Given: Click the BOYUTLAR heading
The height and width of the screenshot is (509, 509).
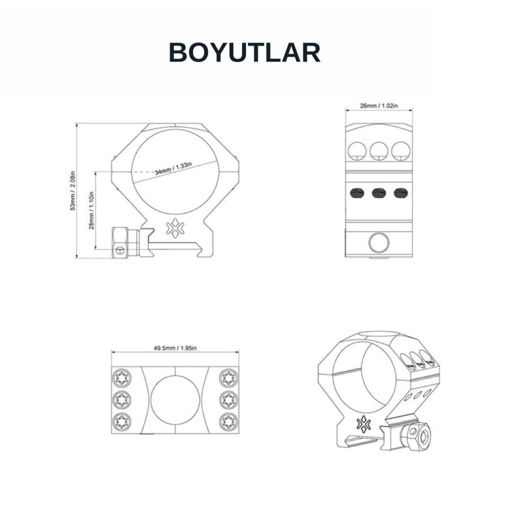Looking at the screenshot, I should click(244, 53).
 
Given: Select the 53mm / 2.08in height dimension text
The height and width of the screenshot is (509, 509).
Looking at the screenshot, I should click(74, 191).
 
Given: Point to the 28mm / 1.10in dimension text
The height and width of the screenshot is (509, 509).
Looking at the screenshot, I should click(92, 210).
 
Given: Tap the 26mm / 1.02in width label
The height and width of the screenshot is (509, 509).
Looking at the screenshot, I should click(379, 106).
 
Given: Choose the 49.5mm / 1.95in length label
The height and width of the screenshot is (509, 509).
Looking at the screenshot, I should click(175, 348).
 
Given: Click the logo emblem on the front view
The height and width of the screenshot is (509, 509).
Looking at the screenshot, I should click(174, 229).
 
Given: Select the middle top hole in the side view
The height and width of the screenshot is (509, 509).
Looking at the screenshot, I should click(379, 151).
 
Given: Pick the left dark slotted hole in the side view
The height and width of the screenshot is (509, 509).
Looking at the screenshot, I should click(356, 194).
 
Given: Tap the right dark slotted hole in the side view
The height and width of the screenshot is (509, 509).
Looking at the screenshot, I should click(401, 194).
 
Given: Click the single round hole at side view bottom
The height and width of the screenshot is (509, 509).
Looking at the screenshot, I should click(379, 243).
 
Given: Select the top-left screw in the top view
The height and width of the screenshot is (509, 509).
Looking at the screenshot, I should click(121, 378).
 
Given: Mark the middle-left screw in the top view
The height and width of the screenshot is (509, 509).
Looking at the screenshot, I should click(121, 399).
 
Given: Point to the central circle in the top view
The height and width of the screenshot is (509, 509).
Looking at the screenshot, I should click(175, 399).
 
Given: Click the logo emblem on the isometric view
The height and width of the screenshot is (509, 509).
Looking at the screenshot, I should click(364, 424).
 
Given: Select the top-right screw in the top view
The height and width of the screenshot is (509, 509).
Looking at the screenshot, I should click(229, 378).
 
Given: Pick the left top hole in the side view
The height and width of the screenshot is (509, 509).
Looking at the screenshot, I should click(357, 151).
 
